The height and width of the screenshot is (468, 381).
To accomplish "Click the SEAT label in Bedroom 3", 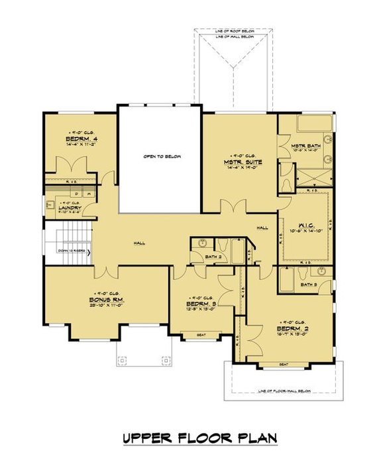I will coord(201,336).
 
